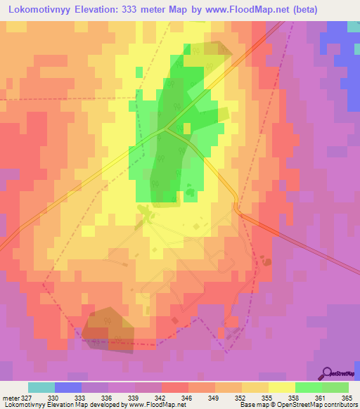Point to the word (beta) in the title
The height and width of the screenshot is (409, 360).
(x=297, y=10)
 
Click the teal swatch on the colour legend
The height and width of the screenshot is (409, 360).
(x=41, y=387)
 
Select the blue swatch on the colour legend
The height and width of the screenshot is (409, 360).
(x=68, y=387)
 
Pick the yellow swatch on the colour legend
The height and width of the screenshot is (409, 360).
(x=281, y=387)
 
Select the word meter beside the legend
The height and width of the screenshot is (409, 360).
(x=10, y=397)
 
